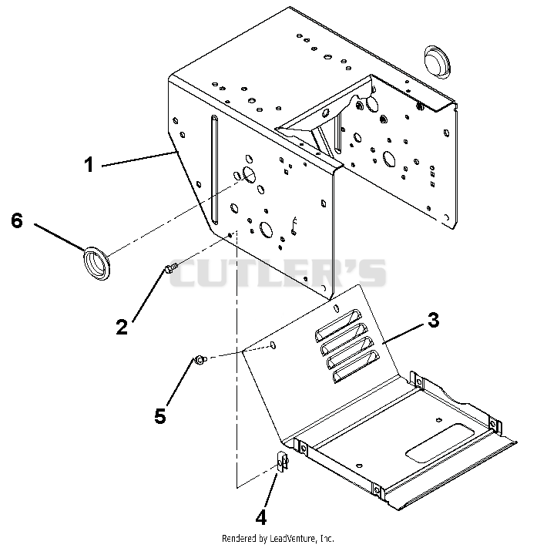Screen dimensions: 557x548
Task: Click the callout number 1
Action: click(89, 165)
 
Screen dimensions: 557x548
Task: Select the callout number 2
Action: click(122, 327)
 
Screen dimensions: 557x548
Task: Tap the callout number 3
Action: click(434, 320)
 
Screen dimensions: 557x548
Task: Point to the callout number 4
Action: click(260, 517)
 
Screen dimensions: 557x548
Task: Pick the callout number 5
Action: click(160, 415)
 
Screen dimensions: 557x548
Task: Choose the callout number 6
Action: click(17, 220)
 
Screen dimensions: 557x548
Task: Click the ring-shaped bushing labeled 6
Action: click(97, 263)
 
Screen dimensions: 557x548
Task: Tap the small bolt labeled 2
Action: click(170, 268)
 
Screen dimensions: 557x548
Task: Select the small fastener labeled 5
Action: click(200, 361)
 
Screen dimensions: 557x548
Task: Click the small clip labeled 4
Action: click(283, 462)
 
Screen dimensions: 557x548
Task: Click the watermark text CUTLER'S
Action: click(277, 273)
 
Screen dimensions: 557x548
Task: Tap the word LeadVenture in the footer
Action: click(292, 539)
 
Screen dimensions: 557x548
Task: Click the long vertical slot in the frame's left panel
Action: click(214, 170)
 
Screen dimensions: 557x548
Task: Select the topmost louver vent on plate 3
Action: click(338, 325)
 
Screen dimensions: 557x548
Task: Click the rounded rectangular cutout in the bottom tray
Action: click(440, 443)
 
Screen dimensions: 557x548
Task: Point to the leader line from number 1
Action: click(139, 159)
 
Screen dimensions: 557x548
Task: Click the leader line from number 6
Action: click(61, 237)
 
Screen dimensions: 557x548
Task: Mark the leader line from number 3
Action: click(404, 333)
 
